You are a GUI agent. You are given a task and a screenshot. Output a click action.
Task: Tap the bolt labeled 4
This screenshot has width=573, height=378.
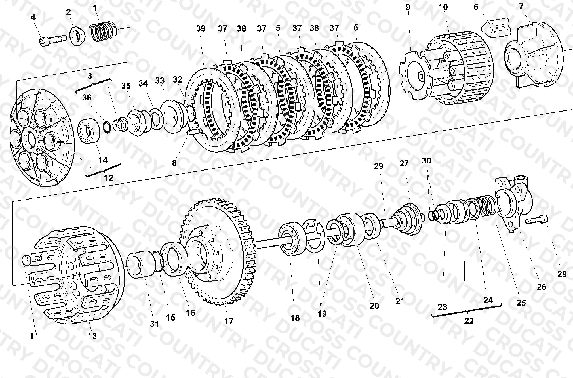point(52,40)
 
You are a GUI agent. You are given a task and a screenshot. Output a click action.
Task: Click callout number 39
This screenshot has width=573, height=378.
point(201,29)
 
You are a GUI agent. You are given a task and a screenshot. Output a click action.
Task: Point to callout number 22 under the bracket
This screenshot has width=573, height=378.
point(469,321)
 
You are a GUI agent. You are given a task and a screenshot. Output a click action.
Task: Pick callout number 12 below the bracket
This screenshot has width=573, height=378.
point(109,178)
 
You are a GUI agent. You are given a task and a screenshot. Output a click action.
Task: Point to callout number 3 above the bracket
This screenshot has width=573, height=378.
point(90,76)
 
